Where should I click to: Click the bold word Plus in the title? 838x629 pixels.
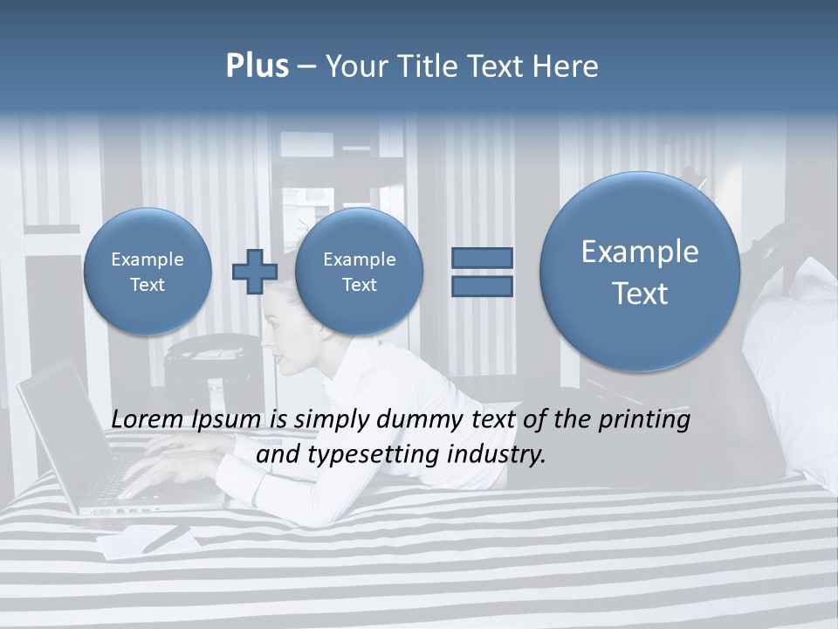click(x=257, y=66)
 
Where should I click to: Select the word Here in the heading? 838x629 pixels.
click(x=567, y=66)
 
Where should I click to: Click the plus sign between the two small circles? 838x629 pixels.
click(x=254, y=271)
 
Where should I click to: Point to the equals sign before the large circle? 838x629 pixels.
click(x=482, y=271)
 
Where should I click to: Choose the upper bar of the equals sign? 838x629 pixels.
click(x=482, y=258)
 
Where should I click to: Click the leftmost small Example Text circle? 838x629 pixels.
click(x=148, y=271)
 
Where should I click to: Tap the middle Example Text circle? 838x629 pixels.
click(x=359, y=271)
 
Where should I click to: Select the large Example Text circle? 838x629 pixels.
click(x=640, y=272)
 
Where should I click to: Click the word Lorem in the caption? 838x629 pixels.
click(x=148, y=420)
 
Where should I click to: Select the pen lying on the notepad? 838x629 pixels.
click(x=166, y=538)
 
